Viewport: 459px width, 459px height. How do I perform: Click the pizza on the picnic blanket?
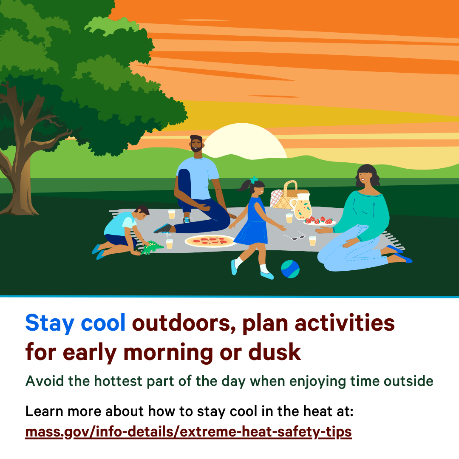click(210, 241)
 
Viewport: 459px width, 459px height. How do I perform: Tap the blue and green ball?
click(290, 269)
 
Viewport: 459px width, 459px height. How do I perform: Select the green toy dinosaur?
click(151, 248)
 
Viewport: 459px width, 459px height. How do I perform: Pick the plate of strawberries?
click(319, 221)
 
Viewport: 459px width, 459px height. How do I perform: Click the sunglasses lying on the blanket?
click(295, 235)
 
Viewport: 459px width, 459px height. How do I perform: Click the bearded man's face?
click(196, 144)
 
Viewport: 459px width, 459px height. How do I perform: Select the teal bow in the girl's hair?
click(254, 179)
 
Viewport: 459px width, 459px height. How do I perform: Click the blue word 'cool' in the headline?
click(103, 323)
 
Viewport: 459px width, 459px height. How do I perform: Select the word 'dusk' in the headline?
click(275, 351)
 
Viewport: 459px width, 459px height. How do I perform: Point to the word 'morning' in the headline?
click(168, 353)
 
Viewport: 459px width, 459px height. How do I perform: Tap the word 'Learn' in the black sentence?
click(44, 411)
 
